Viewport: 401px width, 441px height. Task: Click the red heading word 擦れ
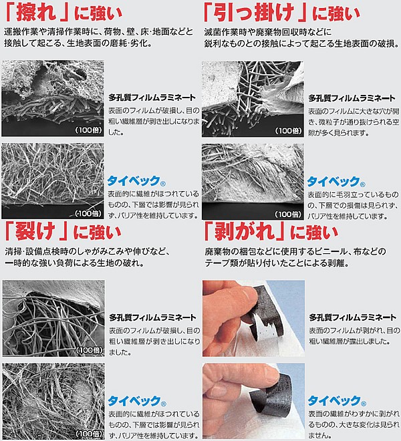click(x=36, y=13)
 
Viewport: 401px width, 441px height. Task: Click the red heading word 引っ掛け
click(x=254, y=13)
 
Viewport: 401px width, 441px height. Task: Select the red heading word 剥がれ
click(x=244, y=232)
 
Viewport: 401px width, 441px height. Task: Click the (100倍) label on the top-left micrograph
click(x=89, y=130)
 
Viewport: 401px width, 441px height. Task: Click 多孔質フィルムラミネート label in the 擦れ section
click(x=152, y=98)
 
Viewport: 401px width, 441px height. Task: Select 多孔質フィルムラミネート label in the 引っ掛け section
click(x=352, y=98)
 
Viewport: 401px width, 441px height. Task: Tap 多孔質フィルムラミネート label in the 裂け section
click(x=152, y=317)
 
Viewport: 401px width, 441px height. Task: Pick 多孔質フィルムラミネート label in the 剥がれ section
click(x=353, y=317)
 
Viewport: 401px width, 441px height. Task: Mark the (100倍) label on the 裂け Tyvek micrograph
click(x=89, y=434)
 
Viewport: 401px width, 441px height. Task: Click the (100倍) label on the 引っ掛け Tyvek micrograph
click(x=288, y=214)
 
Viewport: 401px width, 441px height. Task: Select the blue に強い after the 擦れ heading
click(x=98, y=13)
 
